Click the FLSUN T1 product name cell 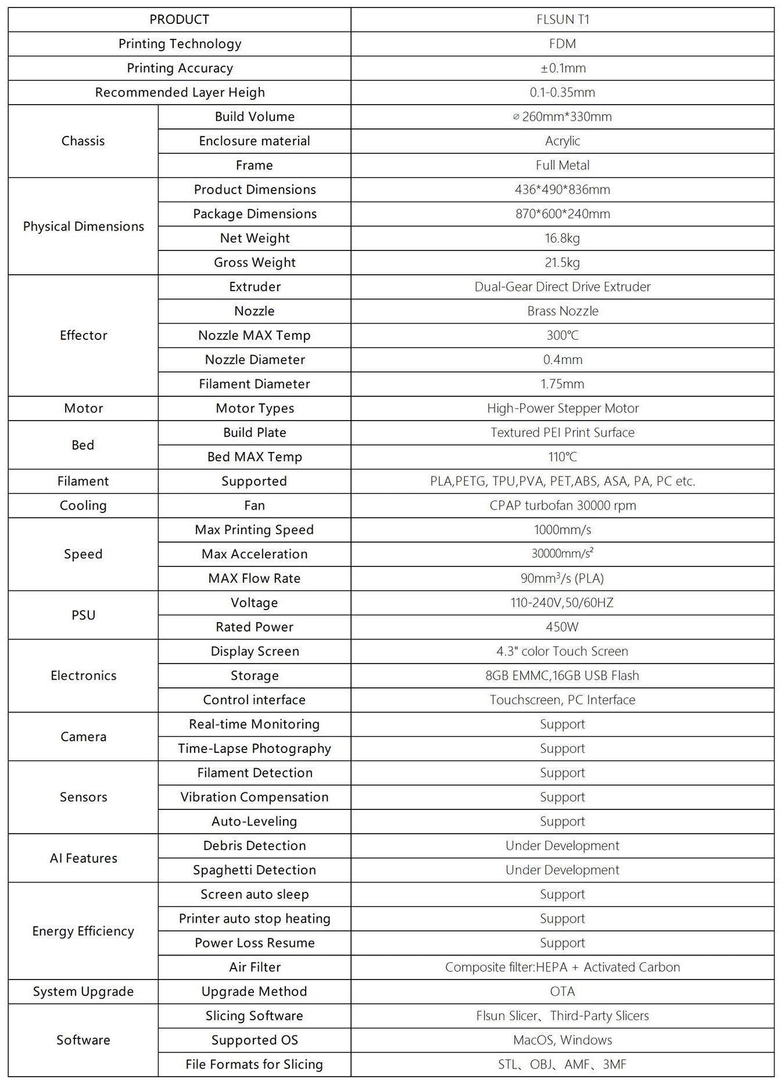coord(563,20)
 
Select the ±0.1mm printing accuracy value coord(563,68)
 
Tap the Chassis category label coord(83,141)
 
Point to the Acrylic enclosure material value coord(563,141)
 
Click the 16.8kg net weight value coord(563,238)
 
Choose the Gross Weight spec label coord(255,263)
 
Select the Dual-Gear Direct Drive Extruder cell coord(563,287)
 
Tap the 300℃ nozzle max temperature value coord(563,335)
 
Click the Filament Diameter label coord(255,384)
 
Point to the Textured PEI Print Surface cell coord(563,433)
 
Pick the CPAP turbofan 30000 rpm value coord(563,505)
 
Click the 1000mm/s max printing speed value coord(563,530)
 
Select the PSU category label coord(83,615)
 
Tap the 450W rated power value coord(563,627)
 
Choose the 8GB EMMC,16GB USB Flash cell coord(563,676)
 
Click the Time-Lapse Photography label coord(255,748)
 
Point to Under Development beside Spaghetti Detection coord(563,870)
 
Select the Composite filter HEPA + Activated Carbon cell coord(563,967)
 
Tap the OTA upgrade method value coord(563,992)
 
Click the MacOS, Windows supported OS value coord(563,1040)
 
